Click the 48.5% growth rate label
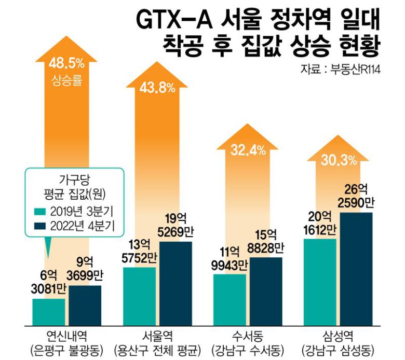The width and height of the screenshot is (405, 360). click(66, 63)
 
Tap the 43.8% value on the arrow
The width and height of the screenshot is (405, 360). click(157, 88)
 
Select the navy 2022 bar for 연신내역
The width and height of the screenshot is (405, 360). click(85, 304)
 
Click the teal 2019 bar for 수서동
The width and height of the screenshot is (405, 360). click(230, 299)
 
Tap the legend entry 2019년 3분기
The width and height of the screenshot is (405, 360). click(74, 211)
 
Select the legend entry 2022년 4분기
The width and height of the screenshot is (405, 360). click(74, 226)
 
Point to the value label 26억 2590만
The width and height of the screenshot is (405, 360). click(357, 195)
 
